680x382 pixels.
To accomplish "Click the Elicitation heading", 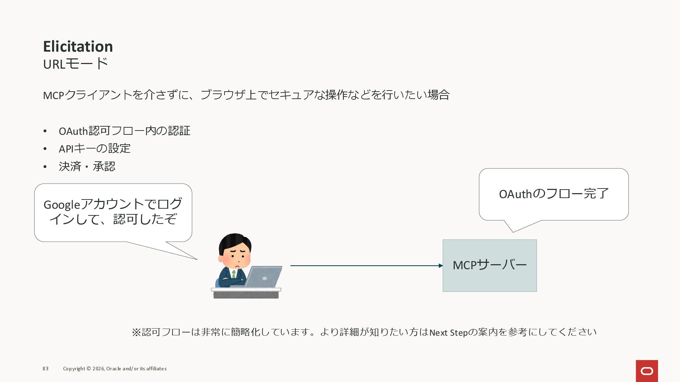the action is click(x=78, y=46).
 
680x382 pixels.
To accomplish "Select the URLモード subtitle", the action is click(x=75, y=64).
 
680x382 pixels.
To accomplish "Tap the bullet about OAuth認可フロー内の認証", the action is click(x=124, y=131).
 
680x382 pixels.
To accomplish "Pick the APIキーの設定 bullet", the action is click(x=95, y=149).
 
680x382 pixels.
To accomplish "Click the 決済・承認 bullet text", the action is click(x=87, y=166).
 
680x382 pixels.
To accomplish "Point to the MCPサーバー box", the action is click(x=489, y=265).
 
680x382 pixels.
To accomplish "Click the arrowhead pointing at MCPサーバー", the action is click(x=441, y=266).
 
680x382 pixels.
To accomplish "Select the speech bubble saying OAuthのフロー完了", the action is click(x=554, y=194).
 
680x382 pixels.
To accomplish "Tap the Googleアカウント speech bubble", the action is click(x=113, y=212).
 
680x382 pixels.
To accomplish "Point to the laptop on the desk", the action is click(x=264, y=277).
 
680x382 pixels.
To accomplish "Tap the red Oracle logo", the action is click(x=647, y=371).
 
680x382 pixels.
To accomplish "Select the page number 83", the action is click(x=46, y=369).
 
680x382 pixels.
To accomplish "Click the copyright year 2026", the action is click(x=98, y=369).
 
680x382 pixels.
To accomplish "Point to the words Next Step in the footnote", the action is click(x=448, y=332).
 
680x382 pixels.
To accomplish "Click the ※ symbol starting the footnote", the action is click(x=136, y=332).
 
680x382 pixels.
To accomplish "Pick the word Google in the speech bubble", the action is click(x=62, y=205).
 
